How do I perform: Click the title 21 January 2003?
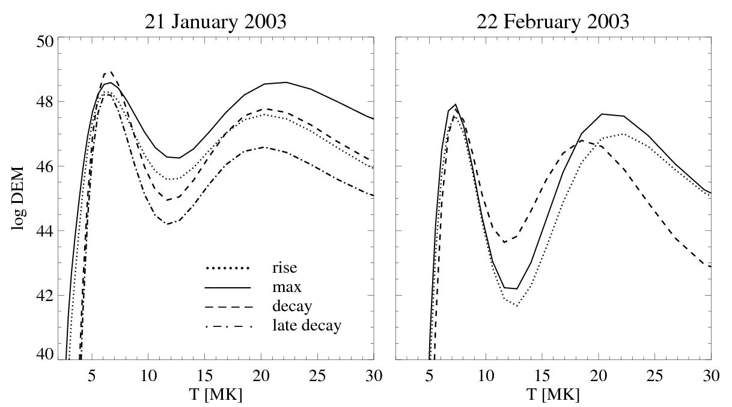pyautogui.click(x=215, y=22)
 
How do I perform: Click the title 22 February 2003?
pyautogui.click(x=553, y=22)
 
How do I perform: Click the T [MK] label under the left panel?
pyautogui.click(x=215, y=395)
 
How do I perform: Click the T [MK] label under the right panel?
pyautogui.click(x=553, y=395)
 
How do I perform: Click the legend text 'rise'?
pyautogui.click(x=284, y=267)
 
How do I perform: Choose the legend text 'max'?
pyautogui.click(x=287, y=287)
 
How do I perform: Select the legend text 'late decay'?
pyautogui.click(x=307, y=326)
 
